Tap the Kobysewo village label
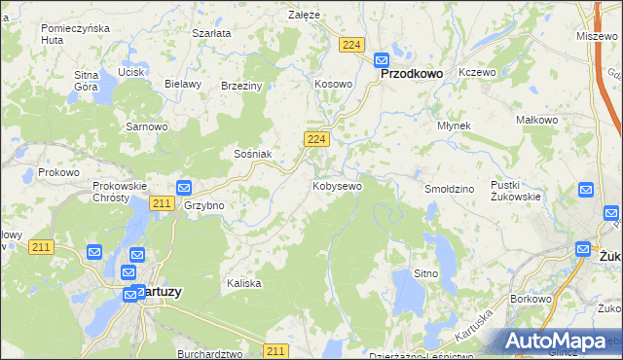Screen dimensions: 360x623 point(337,186)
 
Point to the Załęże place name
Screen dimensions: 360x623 point(304,15)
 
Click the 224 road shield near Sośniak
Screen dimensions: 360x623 point(314,141)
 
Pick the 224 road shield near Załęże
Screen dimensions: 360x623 point(352,45)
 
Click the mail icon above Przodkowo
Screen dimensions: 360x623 point(383,58)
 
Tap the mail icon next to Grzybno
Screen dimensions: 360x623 point(184,188)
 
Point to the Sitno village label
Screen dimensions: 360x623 point(425,273)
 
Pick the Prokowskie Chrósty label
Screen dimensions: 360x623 point(119,191)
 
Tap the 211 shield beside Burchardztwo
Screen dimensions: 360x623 point(275,350)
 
